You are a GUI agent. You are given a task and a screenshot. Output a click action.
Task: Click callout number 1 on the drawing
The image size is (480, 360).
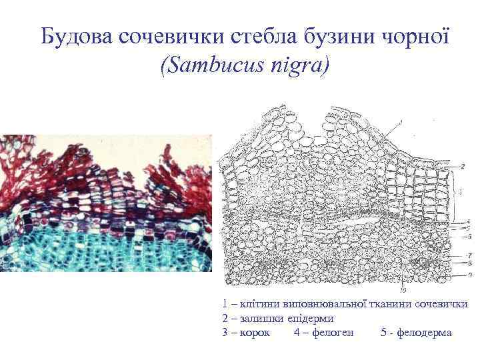coord(401,121)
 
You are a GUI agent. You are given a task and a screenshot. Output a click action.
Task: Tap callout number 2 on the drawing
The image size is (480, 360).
coord(463,164)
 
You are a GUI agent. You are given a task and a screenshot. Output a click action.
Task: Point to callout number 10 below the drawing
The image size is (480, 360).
coord(402,290)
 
